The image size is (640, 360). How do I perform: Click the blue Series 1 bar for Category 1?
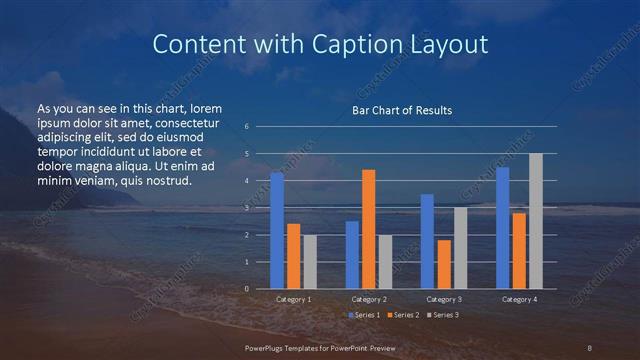tap(277, 231)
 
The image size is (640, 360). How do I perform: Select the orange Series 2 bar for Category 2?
tap(369, 229)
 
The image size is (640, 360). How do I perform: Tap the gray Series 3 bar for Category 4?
tap(536, 221)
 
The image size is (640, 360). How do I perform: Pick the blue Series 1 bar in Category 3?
tap(427, 241)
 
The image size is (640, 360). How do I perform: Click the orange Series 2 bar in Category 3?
tap(444, 264)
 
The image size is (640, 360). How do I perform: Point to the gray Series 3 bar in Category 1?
tap(310, 262)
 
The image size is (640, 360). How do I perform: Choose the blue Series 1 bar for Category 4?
tap(502, 228)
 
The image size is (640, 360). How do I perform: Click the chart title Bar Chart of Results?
tap(402, 110)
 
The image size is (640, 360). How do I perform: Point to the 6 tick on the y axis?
tap(247, 127)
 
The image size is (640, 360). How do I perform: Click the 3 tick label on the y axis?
tap(247, 208)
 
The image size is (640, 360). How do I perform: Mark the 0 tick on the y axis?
tap(247, 289)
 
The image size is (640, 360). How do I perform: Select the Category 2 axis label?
tap(369, 299)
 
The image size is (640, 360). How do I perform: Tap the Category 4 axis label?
tap(519, 299)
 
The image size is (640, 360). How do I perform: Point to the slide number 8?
tap(589, 347)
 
